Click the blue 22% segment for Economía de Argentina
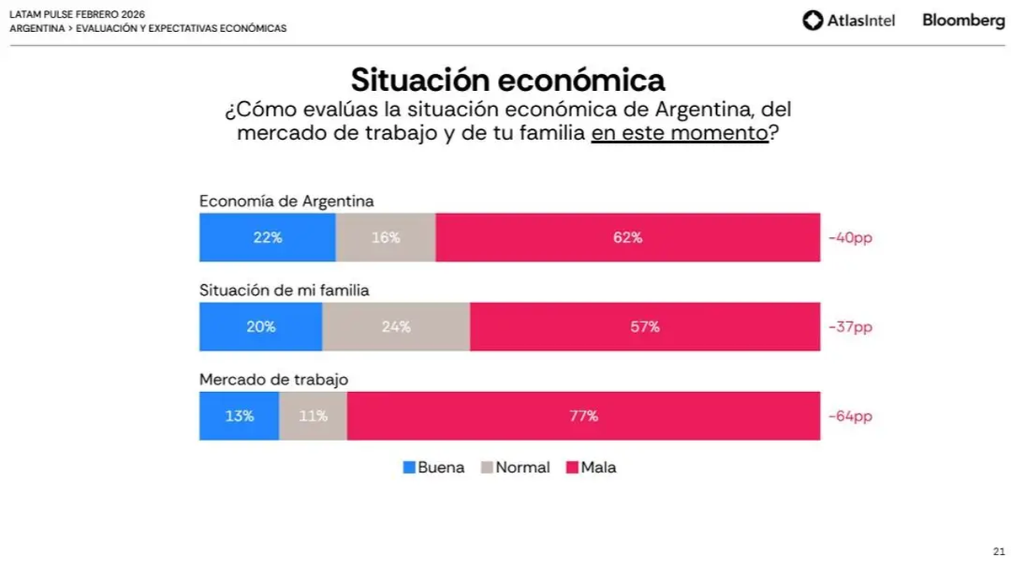tap(267, 238)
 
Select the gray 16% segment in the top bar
tap(385, 238)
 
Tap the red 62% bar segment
tap(628, 238)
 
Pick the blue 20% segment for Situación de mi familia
tap(260, 327)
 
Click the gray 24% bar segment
tap(396, 327)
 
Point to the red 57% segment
tap(645, 327)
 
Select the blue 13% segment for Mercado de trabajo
tap(239, 416)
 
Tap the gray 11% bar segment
tap(313, 416)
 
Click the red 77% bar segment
tap(583, 416)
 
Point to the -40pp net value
tap(850, 238)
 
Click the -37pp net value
tap(850, 327)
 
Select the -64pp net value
tap(850, 416)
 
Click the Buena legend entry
tap(434, 467)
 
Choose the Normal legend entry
tap(515, 467)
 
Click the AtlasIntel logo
tap(848, 20)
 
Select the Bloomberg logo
tap(963, 20)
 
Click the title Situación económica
tap(508, 80)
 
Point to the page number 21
tap(998, 551)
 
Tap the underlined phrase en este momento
tap(680, 133)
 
